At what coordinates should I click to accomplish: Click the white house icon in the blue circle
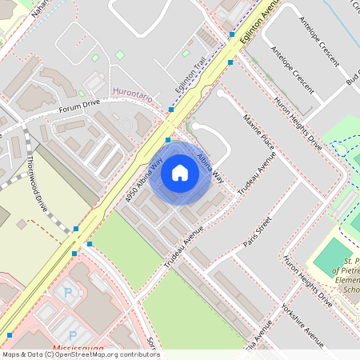click(x=180, y=172)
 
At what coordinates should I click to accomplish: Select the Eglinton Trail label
click(x=191, y=78)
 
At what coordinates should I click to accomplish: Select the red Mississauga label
click(x=77, y=350)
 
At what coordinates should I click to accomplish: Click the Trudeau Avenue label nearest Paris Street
click(x=184, y=248)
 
